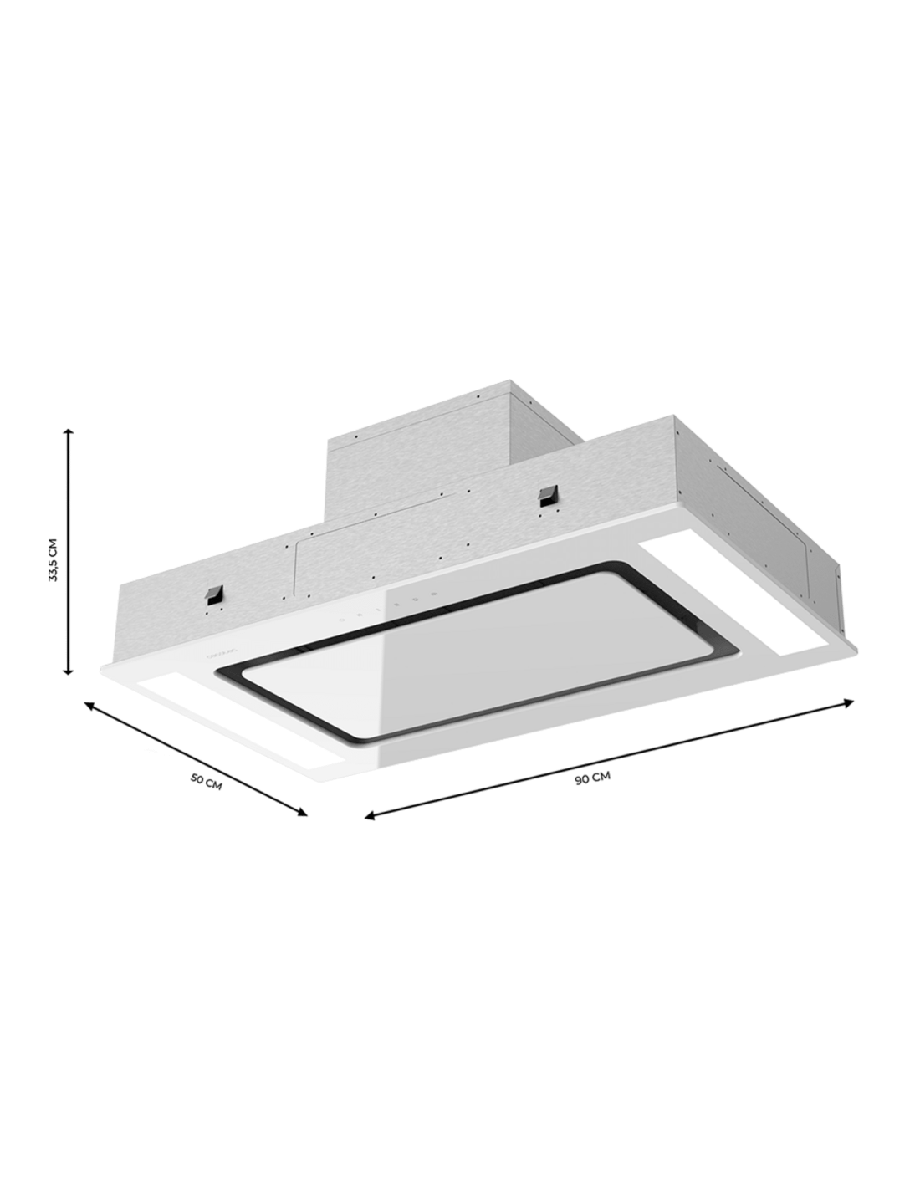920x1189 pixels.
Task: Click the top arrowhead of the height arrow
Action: tap(70, 434)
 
